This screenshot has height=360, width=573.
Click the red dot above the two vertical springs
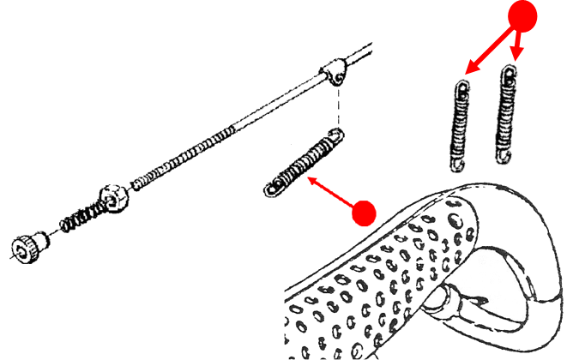(x=522, y=15)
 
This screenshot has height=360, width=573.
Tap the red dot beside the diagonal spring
(x=365, y=212)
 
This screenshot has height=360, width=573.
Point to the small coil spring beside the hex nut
(x=81, y=218)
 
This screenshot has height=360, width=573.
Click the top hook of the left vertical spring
(x=463, y=87)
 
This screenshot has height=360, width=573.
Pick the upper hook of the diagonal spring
(x=334, y=135)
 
